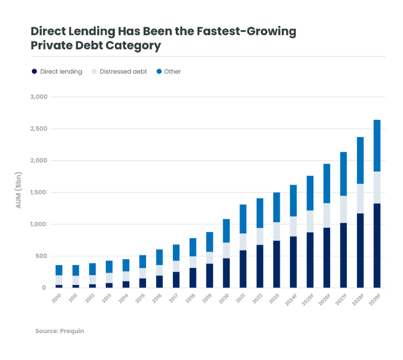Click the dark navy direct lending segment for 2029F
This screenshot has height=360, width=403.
point(377,245)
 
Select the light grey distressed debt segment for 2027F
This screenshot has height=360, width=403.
point(343,209)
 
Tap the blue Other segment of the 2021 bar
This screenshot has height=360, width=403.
point(243,219)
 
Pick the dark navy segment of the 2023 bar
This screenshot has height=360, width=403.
point(276,264)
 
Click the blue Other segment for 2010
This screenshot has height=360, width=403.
point(59,270)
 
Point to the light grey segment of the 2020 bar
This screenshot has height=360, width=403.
point(226,250)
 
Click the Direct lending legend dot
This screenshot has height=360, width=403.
point(34,71)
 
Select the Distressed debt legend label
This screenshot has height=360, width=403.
point(123,71)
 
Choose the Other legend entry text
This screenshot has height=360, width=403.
point(173,71)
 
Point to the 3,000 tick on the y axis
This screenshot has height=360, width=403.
point(38,97)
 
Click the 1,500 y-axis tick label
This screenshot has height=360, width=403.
point(38,192)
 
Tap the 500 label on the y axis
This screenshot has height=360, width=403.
point(41,256)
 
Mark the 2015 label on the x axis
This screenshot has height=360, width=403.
point(141,298)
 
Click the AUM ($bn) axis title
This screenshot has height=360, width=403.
point(19,190)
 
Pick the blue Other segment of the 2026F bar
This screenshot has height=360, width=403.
point(327,183)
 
